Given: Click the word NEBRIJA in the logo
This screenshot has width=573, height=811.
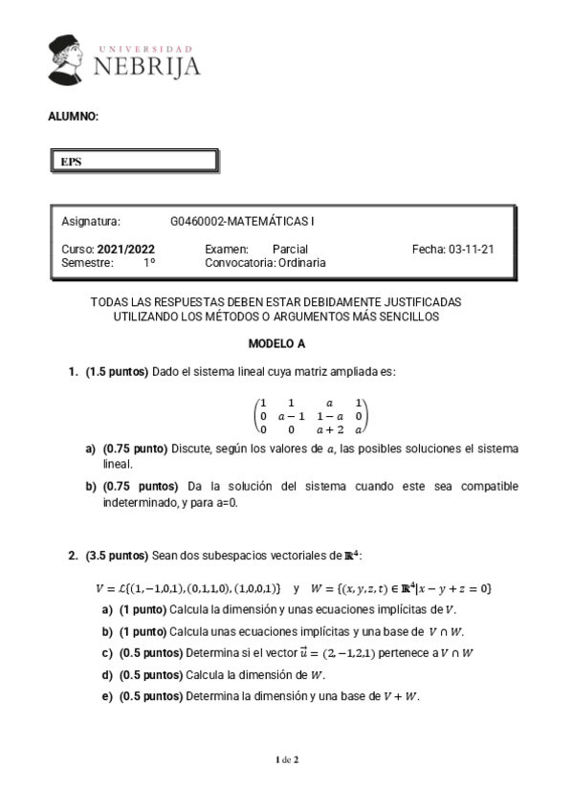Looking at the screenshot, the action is (147, 65).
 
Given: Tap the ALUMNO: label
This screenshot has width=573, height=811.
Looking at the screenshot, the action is (73, 117).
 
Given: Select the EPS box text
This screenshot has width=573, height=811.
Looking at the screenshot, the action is (71, 162).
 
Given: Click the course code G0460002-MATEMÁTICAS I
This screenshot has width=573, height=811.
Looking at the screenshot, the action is (242, 221).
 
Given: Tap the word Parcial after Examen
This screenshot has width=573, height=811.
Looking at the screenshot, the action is (290, 249).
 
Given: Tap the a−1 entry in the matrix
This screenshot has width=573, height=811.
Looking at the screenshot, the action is (291, 416).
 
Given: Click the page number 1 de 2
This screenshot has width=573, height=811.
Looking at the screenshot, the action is (286, 759).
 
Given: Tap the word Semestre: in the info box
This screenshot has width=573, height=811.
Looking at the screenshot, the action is (87, 262).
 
